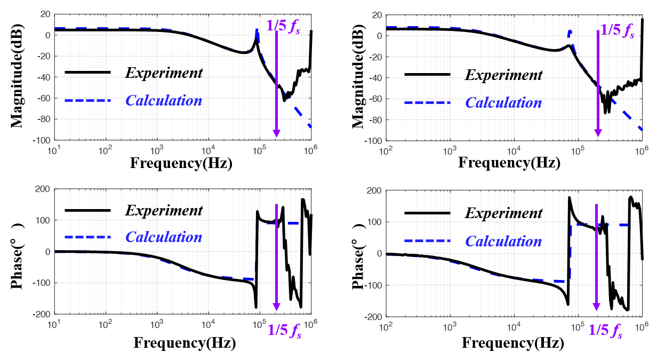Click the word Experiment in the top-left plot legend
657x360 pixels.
coord(164,73)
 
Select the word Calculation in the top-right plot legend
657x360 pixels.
coord(503,102)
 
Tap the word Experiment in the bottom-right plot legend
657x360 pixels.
coord(503,213)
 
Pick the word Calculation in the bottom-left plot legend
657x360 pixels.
coord(164,237)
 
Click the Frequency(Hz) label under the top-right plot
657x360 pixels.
coord(509,163)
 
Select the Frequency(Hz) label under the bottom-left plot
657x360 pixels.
coord(185,342)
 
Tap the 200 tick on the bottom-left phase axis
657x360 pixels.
coord(42,189)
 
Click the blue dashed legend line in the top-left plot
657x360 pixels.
coord(87,100)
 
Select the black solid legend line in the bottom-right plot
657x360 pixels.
coord(427,213)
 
